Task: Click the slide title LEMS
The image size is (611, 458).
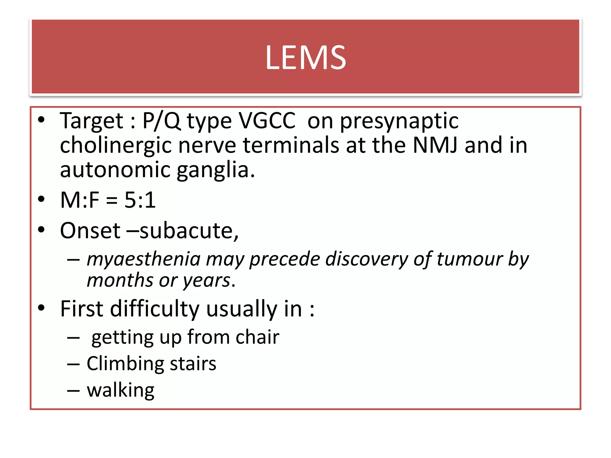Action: click(305, 57)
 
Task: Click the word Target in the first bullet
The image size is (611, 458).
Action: click(91, 121)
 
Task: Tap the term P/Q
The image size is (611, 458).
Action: click(161, 121)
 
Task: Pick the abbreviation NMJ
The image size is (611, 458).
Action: click(435, 145)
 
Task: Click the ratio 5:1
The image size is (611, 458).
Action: click(140, 200)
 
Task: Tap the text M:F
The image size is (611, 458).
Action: click(80, 200)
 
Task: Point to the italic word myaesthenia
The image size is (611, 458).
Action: click(144, 259)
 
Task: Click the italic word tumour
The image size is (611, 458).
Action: click(470, 259)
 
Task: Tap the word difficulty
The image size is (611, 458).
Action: click(155, 309)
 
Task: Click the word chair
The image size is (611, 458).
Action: click(257, 337)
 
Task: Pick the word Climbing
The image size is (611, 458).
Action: click(125, 364)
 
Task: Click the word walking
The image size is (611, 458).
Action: click(121, 390)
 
